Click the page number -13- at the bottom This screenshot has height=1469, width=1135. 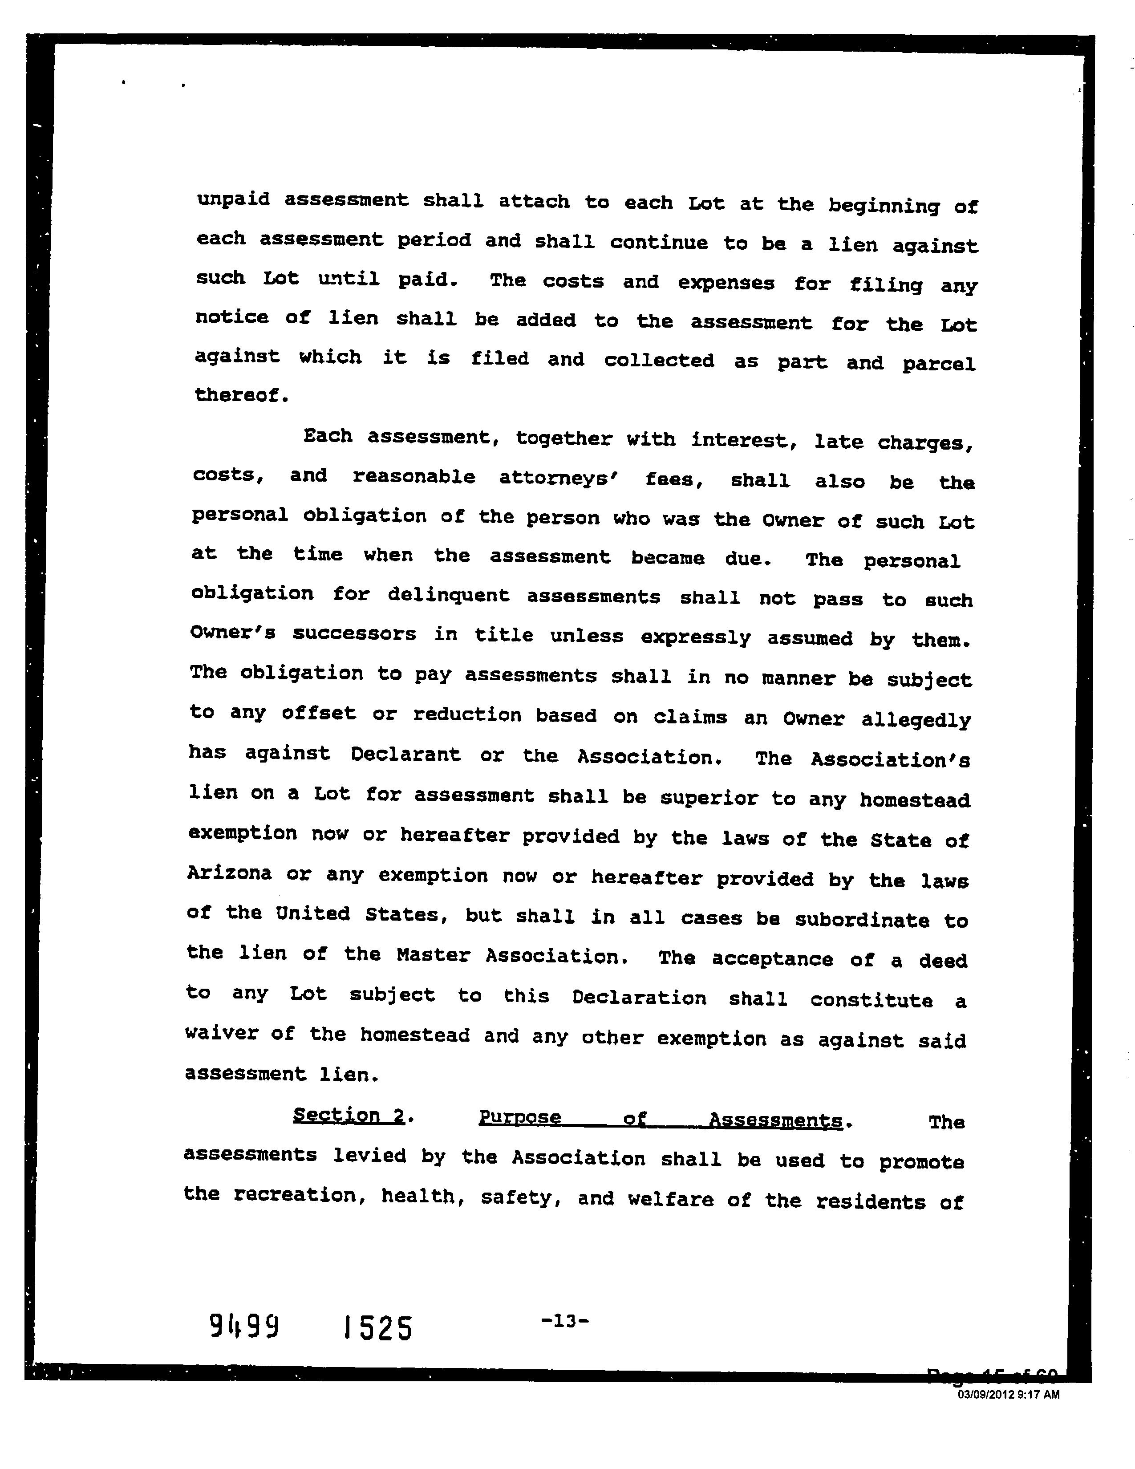click(x=565, y=1321)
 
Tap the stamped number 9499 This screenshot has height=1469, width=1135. click(x=244, y=1327)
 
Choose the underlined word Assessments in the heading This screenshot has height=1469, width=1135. click(x=775, y=1120)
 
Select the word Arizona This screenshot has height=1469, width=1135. click(x=229, y=873)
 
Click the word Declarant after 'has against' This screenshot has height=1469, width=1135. click(x=405, y=755)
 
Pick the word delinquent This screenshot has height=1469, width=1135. click(x=449, y=595)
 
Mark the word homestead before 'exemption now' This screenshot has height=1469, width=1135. click(x=915, y=800)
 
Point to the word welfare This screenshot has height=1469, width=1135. click(x=670, y=1199)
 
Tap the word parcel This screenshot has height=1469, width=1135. click(x=938, y=365)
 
